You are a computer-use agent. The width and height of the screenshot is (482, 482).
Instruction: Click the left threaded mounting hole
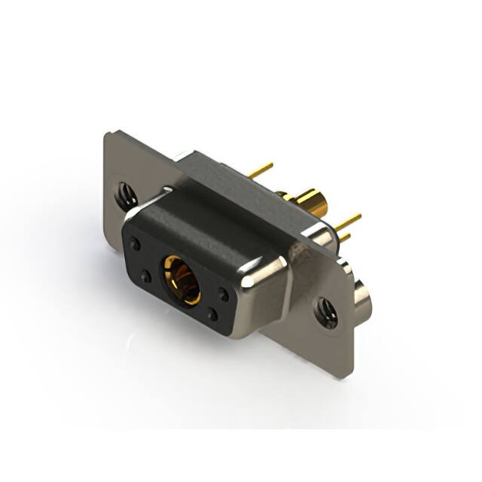pyautogui.click(x=125, y=197)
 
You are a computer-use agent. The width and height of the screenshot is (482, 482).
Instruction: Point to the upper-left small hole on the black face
pyautogui.click(x=136, y=244)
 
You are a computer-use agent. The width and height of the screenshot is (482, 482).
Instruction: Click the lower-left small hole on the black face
pyautogui.click(x=146, y=277)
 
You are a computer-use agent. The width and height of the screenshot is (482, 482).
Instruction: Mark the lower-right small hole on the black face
pyautogui.click(x=212, y=316)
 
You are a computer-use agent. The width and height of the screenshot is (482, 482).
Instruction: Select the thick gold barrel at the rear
pyautogui.click(x=309, y=201)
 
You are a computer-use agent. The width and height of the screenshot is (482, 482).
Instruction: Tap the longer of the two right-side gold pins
pyautogui.click(x=348, y=221)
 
